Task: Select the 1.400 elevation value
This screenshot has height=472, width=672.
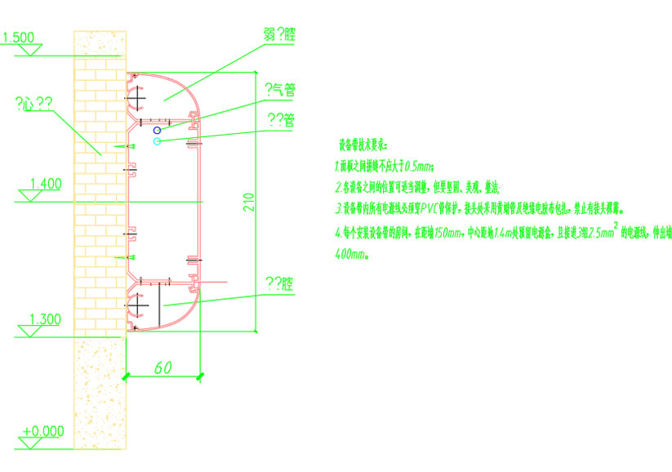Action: (x=45, y=185)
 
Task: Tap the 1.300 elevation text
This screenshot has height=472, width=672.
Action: (x=44, y=318)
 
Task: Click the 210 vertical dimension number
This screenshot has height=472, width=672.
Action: (x=249, y=202)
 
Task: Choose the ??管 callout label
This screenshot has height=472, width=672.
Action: (x=281, y=120)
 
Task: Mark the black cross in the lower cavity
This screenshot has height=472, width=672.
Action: (x=138, y=306)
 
